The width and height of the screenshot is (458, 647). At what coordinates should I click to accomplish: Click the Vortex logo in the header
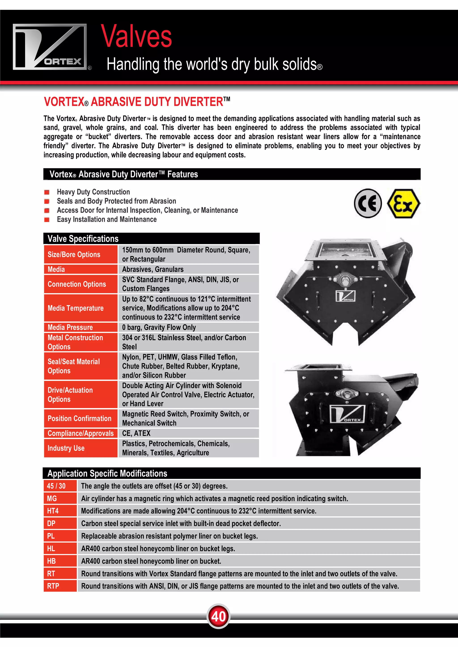click(x=50, y=47)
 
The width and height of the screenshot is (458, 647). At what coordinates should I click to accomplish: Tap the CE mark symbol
click(x=368, y=203)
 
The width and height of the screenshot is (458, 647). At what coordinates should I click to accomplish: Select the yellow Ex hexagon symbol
click(x=403, y=203)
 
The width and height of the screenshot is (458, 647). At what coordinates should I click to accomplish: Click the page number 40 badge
click(x=218, y=616)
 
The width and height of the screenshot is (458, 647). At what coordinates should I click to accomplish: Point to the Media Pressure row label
click(x=70, y=327)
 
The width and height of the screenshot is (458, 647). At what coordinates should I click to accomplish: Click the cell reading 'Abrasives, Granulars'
click(x=153, y=269)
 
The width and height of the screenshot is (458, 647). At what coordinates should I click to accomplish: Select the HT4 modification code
click(x=53, y=511)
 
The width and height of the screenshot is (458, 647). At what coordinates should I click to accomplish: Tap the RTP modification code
click(x=53, y=586)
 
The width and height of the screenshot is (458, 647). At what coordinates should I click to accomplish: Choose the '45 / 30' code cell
click(x=56, y=486)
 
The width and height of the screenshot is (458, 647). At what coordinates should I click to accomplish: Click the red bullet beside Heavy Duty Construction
click(x=47, y=192)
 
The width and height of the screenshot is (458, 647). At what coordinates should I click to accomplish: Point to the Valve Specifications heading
click(x=83, y=239)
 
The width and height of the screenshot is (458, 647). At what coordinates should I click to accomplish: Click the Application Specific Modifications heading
click(x=107, y=473)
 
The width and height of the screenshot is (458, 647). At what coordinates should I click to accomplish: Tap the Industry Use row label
click(x=66, y=448)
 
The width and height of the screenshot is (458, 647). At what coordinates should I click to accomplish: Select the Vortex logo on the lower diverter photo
click(x=347, y=414)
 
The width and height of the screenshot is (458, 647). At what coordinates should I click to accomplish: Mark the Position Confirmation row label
click(x=79, y=418)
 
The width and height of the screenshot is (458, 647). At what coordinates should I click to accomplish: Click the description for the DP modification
click(x=181, y=523)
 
